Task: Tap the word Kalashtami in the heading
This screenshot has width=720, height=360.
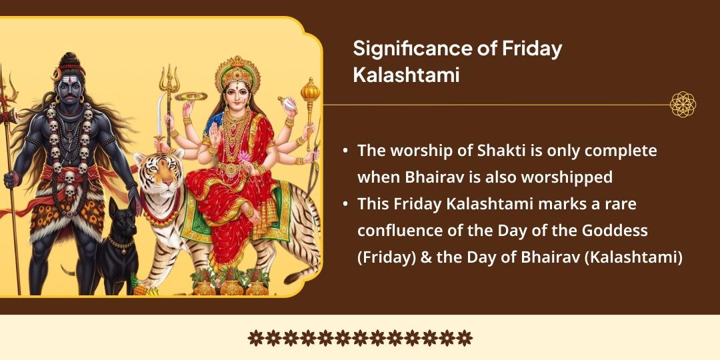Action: pyautogui.click(x=406, y=75)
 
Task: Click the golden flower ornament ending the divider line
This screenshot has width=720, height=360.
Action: pyautogui.click(x=683, y=105)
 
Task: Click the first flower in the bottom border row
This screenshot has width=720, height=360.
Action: pyautogui.click(x=255, y=338)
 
